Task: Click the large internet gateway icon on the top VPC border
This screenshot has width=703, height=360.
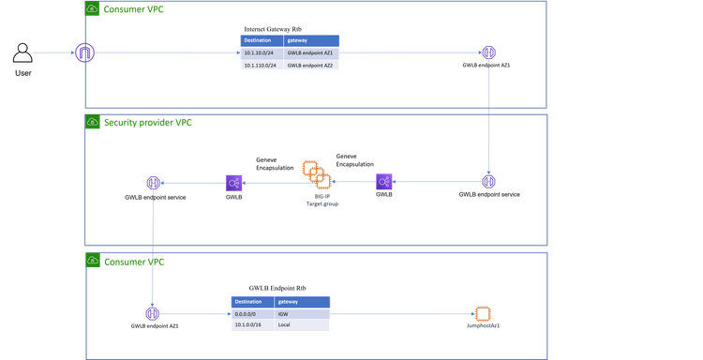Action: (85, 52)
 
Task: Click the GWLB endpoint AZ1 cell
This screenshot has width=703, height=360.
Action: (314, 53)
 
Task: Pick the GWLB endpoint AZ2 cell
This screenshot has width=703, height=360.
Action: (314, 66)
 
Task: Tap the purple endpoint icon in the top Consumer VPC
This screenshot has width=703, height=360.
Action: (489, 52)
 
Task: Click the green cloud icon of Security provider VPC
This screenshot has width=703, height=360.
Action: (93, 123)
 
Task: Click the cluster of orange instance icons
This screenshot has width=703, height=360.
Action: (316, 174)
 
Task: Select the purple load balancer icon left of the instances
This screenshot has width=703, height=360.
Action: (234, 183)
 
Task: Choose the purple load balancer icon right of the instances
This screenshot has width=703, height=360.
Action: (384, 182)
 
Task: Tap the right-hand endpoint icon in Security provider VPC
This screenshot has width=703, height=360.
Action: (489, 182)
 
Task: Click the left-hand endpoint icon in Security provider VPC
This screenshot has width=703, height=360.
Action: (153, 183)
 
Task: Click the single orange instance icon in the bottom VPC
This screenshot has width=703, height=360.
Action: (483, 313)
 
